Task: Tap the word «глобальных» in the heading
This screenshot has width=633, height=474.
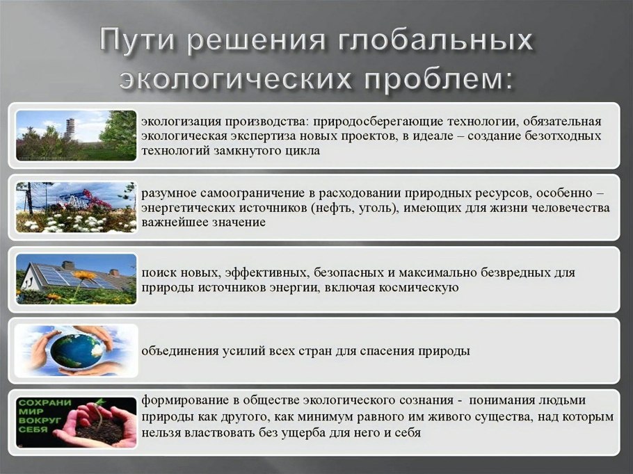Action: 436,40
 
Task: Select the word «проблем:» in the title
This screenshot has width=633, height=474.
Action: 439,77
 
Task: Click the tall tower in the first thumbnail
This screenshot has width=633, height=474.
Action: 71,130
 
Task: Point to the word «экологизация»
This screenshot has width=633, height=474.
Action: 181,121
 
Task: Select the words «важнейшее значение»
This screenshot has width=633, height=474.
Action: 203,222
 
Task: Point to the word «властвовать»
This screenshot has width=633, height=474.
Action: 221,433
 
